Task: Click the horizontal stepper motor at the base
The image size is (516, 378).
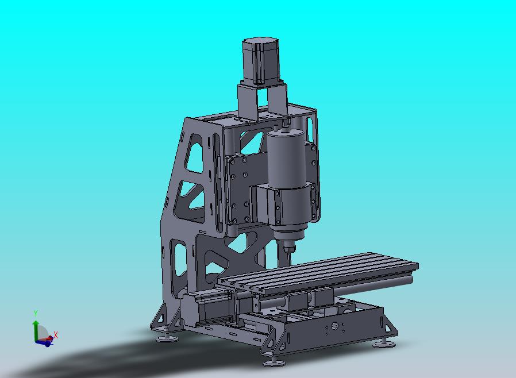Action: click(206, 309)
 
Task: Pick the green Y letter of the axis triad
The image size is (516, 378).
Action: click(36, 314)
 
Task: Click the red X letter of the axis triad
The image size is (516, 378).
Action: click(56, 335)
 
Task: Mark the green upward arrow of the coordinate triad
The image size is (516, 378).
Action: click(36, 331)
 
